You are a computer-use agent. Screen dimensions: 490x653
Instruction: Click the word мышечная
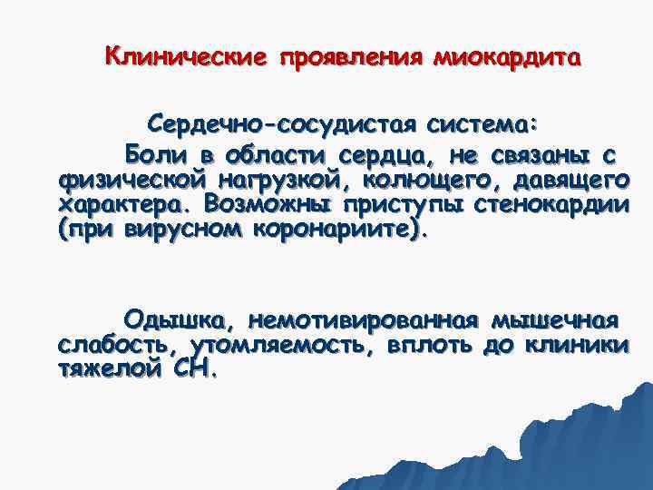pos(555,320)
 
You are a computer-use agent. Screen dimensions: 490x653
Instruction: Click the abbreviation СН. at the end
pos(193,371)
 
